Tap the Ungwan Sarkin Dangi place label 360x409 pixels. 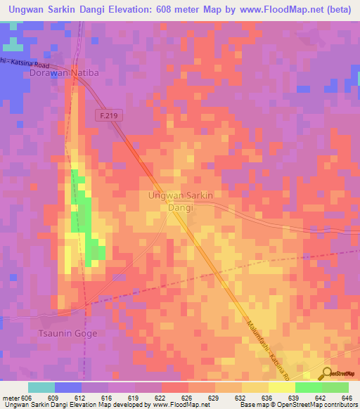(181, 201)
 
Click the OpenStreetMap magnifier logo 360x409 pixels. (326, 373)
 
